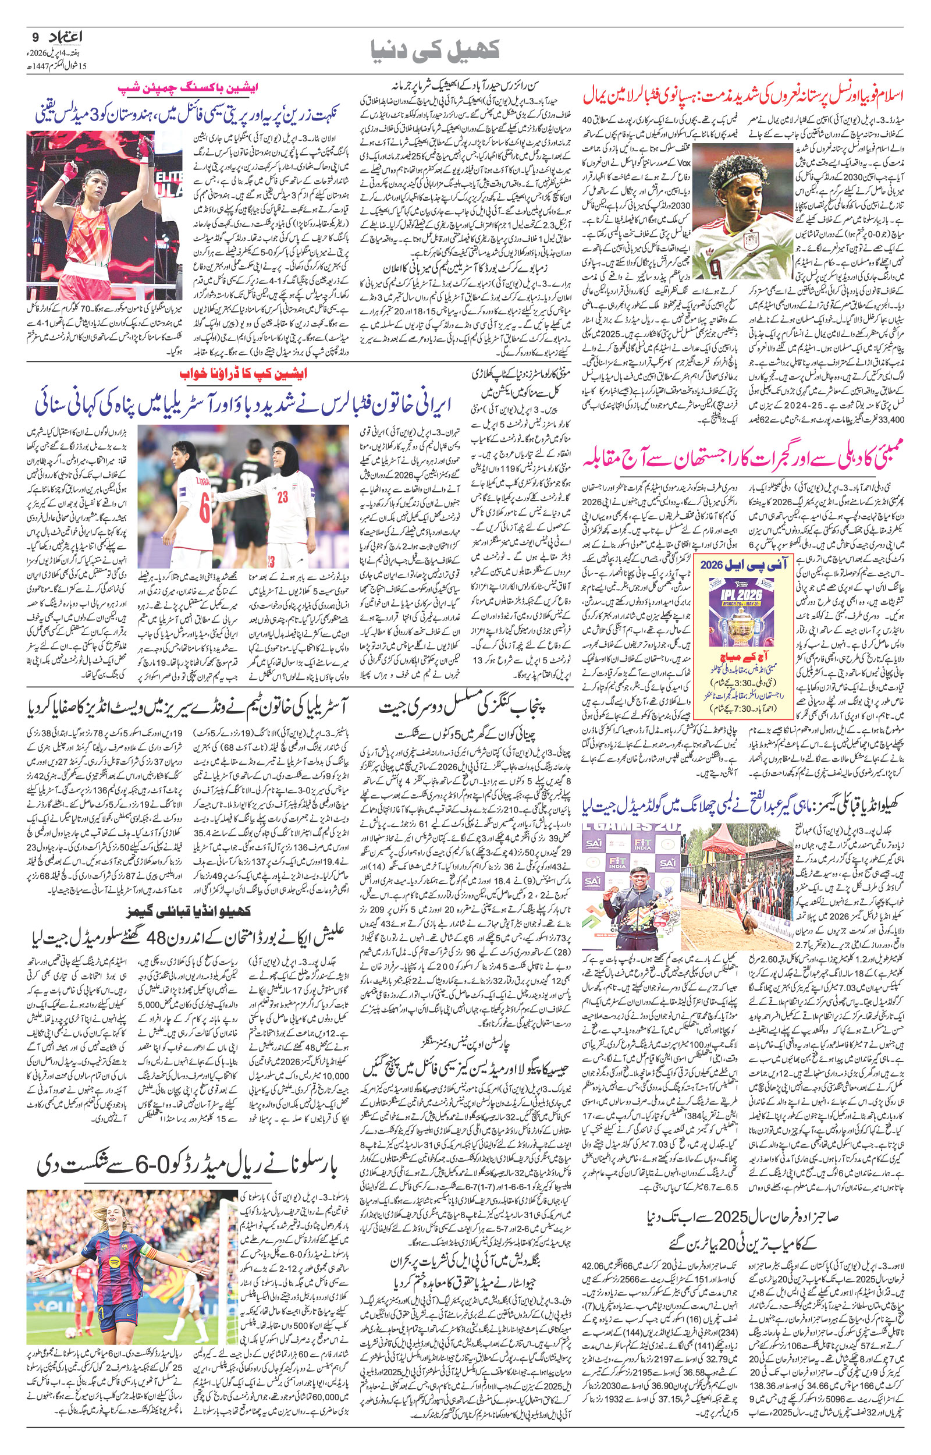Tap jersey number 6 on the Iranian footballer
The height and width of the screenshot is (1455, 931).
pos(204,513)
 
